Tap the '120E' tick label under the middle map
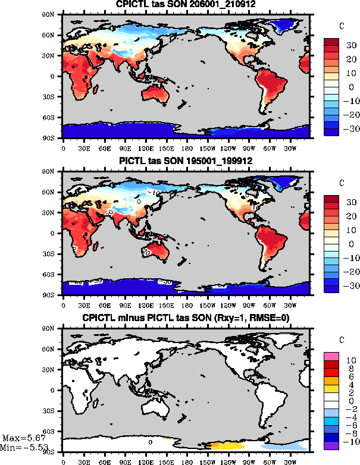[146, 300]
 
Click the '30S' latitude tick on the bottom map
[54, 411]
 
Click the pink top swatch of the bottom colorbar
[331, 356]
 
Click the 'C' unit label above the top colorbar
[340, 27]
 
